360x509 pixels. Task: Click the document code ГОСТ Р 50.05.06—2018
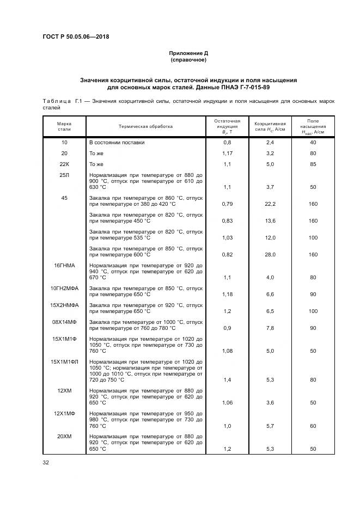tap(80, 37)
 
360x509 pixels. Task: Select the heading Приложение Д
tap(188, 53)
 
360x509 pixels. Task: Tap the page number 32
tap(46, 463)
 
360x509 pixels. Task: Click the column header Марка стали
tap(64, 126)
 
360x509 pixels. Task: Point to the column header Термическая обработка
tap(147, 126)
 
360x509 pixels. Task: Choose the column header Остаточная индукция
tap(227, 126)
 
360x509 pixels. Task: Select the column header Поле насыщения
tap(313, 126)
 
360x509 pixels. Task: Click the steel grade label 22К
tap(64, 164)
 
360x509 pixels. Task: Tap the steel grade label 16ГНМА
tap(64, 265)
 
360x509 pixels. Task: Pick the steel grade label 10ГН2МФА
tap(64, 288)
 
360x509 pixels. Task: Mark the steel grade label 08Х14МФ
tap(64, 322)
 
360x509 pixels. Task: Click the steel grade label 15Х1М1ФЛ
tap(64, 361)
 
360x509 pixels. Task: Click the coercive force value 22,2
tap(270, 204)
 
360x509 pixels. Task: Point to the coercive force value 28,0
tap(270, 254)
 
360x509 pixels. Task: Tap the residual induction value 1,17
tap(227, 153)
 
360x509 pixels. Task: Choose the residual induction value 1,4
tap(227, 380)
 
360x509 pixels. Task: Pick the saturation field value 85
tap(313, 164)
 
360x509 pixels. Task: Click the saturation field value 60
tap(313, 426)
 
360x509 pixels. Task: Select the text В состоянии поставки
tap(117, 143)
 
